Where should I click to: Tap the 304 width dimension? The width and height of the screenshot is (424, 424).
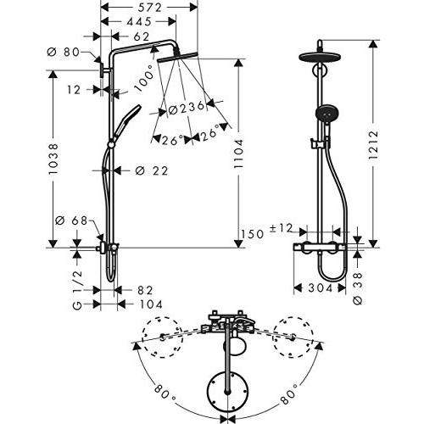(x=317, y=289)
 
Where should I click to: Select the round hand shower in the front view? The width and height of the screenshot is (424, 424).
(x=324, y=118)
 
